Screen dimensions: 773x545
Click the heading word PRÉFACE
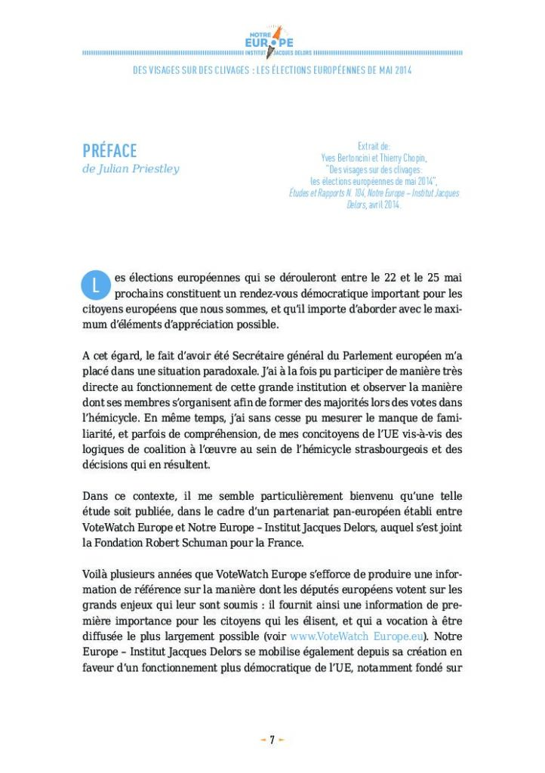point(109,150)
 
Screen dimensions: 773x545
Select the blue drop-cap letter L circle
point(94,285)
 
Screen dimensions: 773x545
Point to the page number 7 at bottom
point(272,740)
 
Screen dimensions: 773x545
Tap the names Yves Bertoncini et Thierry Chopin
point(374,159)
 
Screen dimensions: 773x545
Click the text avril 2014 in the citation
point(384,205)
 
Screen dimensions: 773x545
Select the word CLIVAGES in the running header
point(229,70)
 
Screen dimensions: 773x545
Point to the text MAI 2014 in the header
point(393,70)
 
